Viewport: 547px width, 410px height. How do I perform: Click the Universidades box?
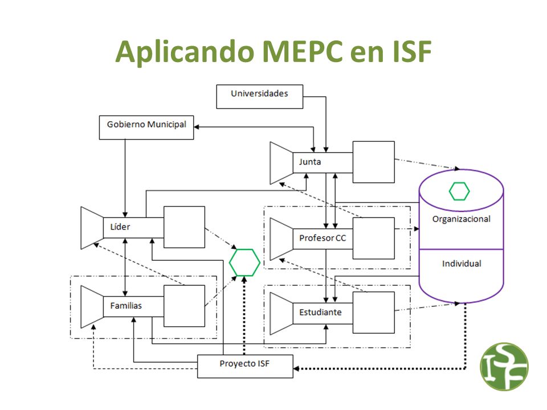click(x=260, y=97)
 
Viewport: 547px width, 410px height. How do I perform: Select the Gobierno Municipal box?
click(x=146, y=128)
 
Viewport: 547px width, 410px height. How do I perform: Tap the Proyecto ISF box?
click(x=245, y=366)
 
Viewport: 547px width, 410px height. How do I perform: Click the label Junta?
click(x=310, y=162)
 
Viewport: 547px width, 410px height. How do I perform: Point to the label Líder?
click(x=120, y=227)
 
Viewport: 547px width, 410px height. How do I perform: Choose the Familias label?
click(x=126, y=306)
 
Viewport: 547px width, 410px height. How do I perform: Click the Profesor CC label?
click(x=323, y=238)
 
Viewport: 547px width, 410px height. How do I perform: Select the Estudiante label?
click(x=320, y=312)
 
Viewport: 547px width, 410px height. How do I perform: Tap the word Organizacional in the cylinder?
click(x=461, y=219)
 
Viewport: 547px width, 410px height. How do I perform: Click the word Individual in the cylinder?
click(x=462, y=264)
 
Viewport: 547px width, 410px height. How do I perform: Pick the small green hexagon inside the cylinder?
click(x=459, y=191)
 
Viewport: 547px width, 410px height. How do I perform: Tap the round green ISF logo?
click(x=504, y=366)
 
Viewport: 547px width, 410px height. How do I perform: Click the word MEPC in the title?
click(x=302, y=51)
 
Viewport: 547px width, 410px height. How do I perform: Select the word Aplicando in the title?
click(x=185, y=52)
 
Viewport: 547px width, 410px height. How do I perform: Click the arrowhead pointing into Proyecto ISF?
click(x=296, y=368)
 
